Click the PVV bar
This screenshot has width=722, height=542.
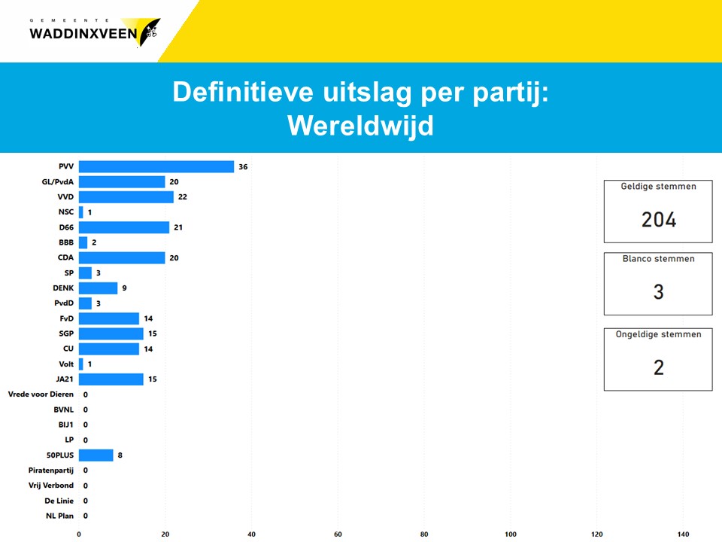[x=156, y=166]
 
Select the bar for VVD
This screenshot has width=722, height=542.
[x=126, y=196]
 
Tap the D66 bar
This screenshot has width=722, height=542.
[x=124, y=227]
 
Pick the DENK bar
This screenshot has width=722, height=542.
[x=98, y=288]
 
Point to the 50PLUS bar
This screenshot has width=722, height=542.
[x=96, y=455]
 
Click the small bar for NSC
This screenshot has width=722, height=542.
[x=81, y=212]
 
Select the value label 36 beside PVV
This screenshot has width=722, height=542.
[x=243, y=167]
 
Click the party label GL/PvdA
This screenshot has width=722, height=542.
[x=58, y=181]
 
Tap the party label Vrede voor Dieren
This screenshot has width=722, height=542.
[x=41, y=394]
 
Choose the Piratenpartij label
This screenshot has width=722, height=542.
[x=51, y=470]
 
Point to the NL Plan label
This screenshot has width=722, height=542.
[x=60, y=516]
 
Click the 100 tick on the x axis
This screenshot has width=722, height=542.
[x=511, y=534]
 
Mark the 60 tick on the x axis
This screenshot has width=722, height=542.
[x=338, y=534]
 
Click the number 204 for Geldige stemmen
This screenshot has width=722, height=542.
[x=659, y=219]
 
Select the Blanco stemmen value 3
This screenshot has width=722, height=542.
[x=659, y=292]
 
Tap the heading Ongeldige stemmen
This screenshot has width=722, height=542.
[x=659, y=334]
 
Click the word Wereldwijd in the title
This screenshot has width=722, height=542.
[x=360, y=126]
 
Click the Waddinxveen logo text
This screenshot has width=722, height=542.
[x=83, y=33]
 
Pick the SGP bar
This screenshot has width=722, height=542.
[x=111, y=333]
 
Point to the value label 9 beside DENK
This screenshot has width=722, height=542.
[x=124, y=288]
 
